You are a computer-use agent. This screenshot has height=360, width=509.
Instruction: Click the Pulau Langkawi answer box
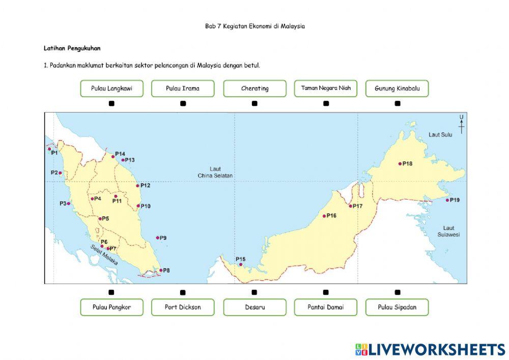pos(111,89)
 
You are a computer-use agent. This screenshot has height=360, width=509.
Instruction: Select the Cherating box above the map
pos(254,89)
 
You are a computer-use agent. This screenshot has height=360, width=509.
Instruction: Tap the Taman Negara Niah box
pos(326,89)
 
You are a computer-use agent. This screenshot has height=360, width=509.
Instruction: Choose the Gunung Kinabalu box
pos(397,89)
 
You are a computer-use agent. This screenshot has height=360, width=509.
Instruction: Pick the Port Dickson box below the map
pos(183,307)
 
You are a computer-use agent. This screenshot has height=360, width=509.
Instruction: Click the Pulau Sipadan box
pos(397,307)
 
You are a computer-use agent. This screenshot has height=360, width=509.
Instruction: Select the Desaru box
pos(254,307)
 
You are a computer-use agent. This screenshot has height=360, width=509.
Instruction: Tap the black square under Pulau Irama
pos(183,103)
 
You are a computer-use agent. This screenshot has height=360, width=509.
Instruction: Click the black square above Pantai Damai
pos(326,292)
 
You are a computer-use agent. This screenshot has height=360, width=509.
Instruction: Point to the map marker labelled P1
pos(49,149)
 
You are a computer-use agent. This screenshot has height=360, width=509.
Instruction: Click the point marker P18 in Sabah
pos(400,163)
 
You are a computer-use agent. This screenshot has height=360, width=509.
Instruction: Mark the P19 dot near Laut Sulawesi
pos(447,200)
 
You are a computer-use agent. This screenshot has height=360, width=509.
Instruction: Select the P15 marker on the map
pos(241,265)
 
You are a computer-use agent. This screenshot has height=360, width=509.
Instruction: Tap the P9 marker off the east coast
pos(158,237)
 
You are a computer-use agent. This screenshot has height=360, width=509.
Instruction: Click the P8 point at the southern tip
pos(161,270)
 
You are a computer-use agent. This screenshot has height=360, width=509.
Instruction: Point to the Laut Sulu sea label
pos(440,135)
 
